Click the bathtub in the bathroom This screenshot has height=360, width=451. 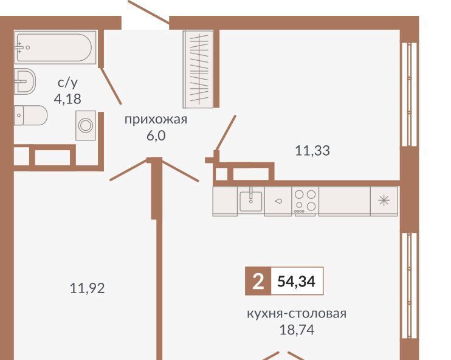(x=55, y=47)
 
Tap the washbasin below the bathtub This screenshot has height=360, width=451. (x=25, y=81)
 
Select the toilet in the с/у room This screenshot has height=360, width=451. (x=30, y=116)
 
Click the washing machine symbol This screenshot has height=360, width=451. (x=86, y=125)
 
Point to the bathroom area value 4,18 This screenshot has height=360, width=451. (x=67, y=99)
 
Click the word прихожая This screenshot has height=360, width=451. (x=156, y=119)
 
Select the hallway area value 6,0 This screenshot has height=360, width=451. (x=156, y=136)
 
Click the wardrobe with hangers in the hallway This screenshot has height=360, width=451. (x=199, y=69)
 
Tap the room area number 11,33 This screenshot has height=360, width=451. (x=312, y=150)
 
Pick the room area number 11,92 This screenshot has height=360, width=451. (x=88, y=288)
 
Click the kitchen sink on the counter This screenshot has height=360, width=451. (x=251, y=201)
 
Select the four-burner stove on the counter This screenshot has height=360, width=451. (x=305, y=201)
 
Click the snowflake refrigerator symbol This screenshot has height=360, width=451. (x=384, y=201)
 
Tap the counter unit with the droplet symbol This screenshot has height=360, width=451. (x=278, y=201)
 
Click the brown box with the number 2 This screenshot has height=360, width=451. (x=258, y=281)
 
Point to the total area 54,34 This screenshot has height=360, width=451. (x=296, y=281)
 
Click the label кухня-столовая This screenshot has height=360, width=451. (x=297, y=313)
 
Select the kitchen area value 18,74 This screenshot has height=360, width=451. (x=297, y=330)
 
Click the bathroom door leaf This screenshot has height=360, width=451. (x=111, y=86)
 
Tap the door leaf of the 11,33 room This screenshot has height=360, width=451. (x=225, y=133)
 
